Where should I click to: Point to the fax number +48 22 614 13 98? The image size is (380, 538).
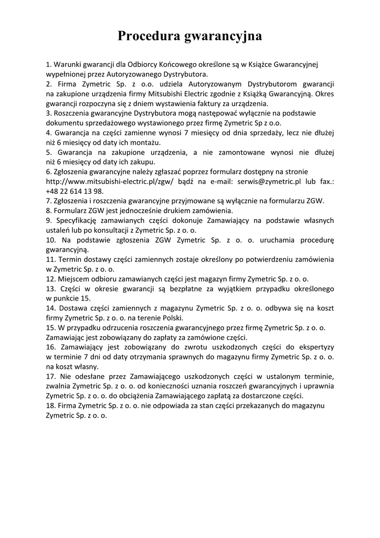point(75,191)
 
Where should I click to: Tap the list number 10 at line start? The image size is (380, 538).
point(51,240)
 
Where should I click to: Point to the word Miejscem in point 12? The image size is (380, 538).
point(73,279)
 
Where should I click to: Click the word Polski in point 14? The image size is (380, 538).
point(173,318)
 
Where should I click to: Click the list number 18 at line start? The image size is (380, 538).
point(51,406)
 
